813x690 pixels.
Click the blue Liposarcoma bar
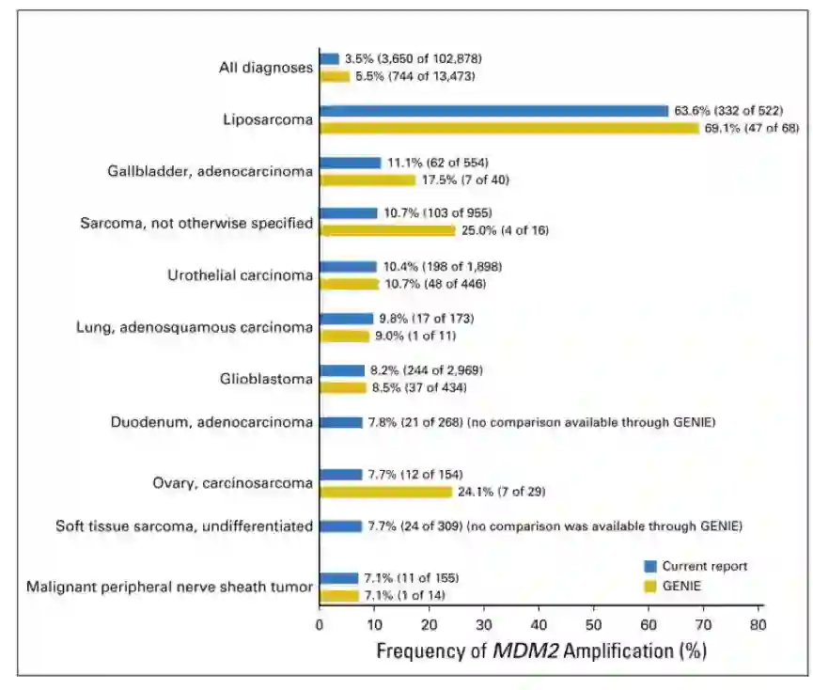(493, 111)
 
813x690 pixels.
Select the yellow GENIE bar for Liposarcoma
(509, 128)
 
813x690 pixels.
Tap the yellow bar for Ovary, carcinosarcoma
(386, 491)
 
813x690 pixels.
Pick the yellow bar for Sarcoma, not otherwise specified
(388, 230)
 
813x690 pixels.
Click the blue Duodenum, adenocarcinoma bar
(341, 422)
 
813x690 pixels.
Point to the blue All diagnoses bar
(330, 58)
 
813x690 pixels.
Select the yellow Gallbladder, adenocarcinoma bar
(367, 180)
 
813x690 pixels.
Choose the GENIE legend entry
(681, 585)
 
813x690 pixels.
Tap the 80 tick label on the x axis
(758, 623)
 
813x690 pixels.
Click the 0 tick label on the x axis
(320, 623)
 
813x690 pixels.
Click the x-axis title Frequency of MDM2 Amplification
(540, 651)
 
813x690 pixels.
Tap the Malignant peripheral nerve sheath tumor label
(169, 588)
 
